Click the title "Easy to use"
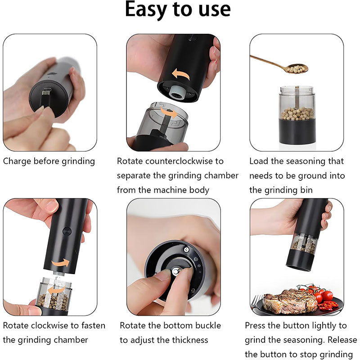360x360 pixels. point(178,10)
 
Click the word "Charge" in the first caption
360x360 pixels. point(18,161)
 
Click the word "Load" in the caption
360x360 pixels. point(259,161)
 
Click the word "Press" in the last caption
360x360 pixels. point(256,325)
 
